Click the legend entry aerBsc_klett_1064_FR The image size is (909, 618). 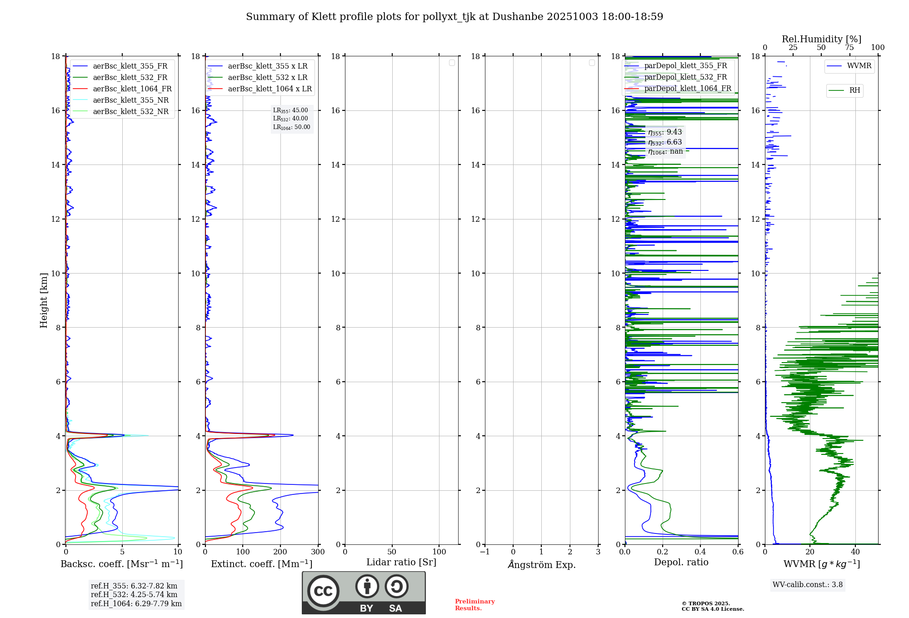132,89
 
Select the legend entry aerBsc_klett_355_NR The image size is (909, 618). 130,100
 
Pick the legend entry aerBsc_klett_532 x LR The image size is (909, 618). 267,78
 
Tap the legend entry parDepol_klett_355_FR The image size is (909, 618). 685,66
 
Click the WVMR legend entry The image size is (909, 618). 859,66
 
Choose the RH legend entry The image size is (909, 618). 854,90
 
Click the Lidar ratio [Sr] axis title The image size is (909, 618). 401,563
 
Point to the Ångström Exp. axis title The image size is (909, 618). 541,564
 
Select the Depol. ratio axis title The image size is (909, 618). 681,563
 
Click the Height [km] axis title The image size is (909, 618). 44,300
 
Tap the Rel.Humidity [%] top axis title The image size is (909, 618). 821,39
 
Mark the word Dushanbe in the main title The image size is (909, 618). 518,17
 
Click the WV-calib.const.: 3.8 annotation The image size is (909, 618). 808,585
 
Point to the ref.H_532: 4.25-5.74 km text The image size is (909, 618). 134,595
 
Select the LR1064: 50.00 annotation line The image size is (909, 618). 291,127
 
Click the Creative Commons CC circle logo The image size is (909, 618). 323,591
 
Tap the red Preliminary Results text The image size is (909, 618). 474,605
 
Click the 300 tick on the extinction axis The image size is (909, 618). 318,552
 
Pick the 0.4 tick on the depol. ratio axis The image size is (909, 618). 700,552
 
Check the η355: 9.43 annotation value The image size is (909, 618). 665,132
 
